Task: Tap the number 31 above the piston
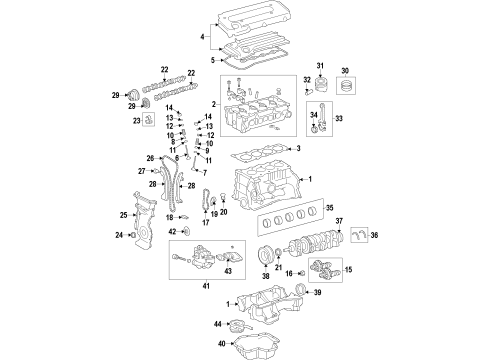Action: pyautogui.click(x=322, y=67)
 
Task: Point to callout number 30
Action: pyautogui.click(x=346, y=69)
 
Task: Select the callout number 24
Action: pyautogui.click(x=118, y=235)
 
